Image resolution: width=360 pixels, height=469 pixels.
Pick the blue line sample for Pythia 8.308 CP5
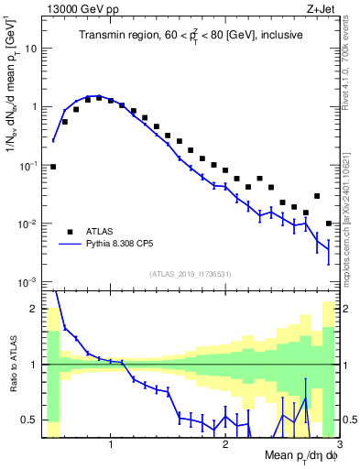click(x=71, y=245)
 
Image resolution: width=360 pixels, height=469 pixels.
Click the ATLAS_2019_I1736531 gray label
click(x=190, y=274)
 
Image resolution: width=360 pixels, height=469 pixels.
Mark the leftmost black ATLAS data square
click(x=53, y=167)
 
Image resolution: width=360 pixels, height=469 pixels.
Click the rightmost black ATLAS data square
click(x=329, y=224)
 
